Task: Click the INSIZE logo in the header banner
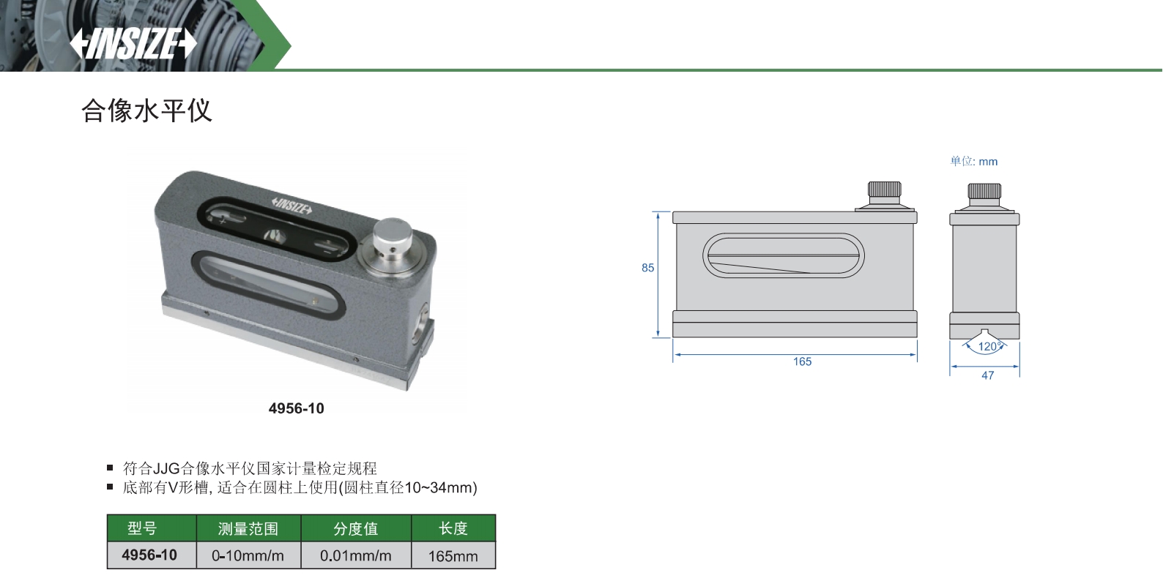[x=133, y=44]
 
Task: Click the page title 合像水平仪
[x=147, y=110]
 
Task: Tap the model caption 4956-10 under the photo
[x=296, y=408]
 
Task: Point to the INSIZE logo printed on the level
[x=291, y=206]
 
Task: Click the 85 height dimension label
[x=647, y=268]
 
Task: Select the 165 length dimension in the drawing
[x=802, y=361]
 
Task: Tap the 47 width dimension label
[x=987, y=375]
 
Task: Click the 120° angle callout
[x=990, y=347]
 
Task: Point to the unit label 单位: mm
[x=974, y=161]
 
